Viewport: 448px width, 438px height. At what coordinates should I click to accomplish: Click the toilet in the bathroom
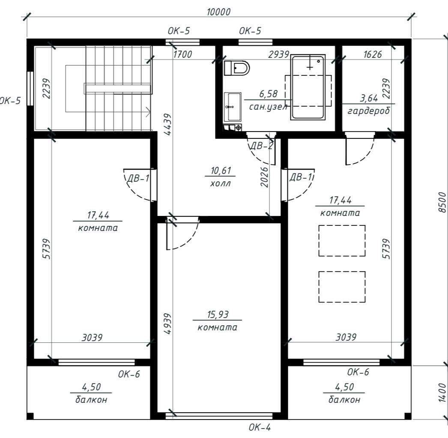click(x=236, y=68)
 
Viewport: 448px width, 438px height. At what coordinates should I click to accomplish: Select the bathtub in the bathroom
click(x=308, y=87)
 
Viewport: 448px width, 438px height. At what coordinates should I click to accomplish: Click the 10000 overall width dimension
click(x=218, y=12)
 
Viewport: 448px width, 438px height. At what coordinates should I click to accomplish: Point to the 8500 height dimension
click(x=442, y=202)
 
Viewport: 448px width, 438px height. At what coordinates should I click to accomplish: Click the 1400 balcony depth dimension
click(x=442, y=393)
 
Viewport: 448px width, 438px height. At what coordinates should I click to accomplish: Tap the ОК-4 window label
click(x=260, y=427)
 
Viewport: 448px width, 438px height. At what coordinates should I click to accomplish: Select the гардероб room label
click(x=369, y=111)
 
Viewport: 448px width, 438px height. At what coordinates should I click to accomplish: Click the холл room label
click(x=220, y=183)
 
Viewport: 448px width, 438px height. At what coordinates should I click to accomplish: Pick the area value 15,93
click(x=218, y=315)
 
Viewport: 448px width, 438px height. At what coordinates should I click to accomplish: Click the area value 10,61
click(x=221, y=171)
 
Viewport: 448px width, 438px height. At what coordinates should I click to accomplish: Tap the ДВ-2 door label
click(x=261, y=146)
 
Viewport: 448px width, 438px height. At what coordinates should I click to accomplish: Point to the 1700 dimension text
click(x=182, y=54)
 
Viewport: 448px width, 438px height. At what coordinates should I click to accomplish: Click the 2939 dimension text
click(x=278, y=54)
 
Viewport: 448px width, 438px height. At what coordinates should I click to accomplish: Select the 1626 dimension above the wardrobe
click(x=372, y=54)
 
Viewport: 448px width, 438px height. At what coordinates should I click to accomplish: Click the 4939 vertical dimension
click(x=168, y=324)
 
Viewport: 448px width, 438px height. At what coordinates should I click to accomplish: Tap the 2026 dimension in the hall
click(x=265, y=177)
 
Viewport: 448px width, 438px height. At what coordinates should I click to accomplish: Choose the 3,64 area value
click(x=369, y=98)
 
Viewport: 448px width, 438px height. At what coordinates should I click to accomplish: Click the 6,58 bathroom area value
click(x=268, y=94)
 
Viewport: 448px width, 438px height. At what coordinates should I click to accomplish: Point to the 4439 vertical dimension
click(x=168, y=124)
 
